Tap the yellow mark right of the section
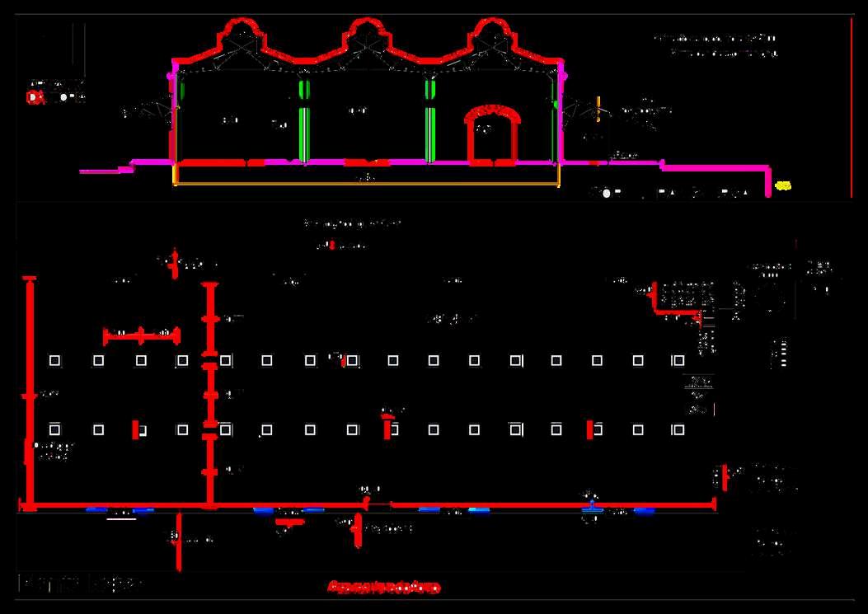tap(783, 185)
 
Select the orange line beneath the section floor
tap(367, 184)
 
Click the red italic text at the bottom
tap(383, 588)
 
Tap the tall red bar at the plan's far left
tap(30, 391)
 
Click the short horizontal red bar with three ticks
tap(141, 335)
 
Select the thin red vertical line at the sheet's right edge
tap(852, 107)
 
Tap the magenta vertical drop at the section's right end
tap(768, 183)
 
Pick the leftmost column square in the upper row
tap(54, 360)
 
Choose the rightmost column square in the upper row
tap(678, 360)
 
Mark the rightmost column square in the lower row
tap(678, 429)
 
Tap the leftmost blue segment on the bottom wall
tap(96, 509)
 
